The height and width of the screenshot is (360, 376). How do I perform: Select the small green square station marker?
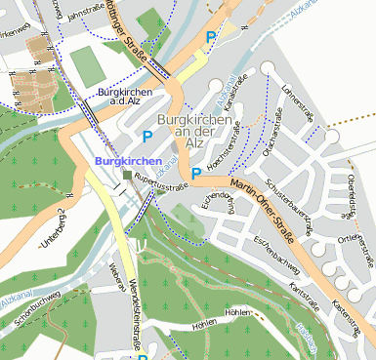128,175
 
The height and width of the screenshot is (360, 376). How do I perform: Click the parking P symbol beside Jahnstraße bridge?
210,38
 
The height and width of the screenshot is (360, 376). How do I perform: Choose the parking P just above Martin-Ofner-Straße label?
196,174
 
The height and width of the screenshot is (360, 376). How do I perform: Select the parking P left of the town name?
147,137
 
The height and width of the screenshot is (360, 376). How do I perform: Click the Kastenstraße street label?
347,320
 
